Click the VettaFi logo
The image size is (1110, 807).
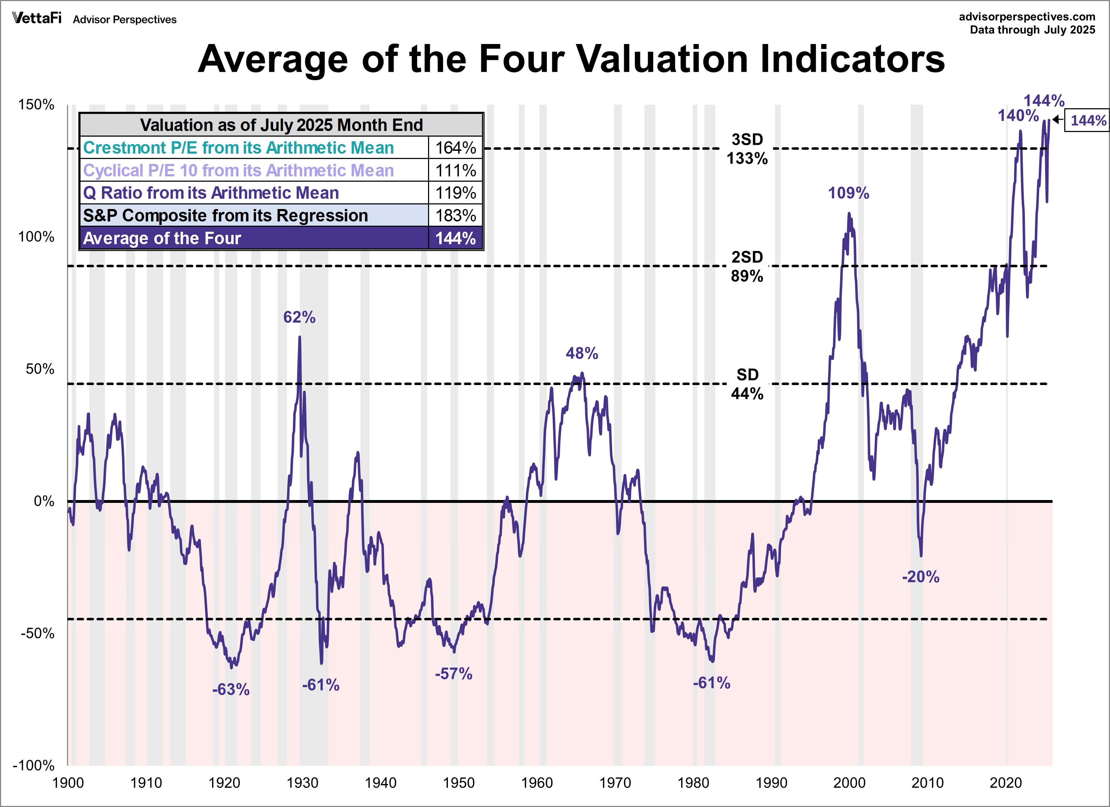pos(37,18)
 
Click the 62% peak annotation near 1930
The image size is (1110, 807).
pos(299,317)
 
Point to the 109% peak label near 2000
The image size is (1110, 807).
pos(848,193)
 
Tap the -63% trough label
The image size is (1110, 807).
pos(231,690)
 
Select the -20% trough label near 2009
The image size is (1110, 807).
pos(921,577)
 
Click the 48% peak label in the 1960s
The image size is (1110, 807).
pos(582,353)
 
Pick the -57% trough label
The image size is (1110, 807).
pos(454,674)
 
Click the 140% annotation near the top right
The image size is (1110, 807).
pos(1018,116)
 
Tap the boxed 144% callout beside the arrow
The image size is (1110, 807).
pos(1088,120)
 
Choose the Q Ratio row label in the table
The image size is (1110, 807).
pos(211,193)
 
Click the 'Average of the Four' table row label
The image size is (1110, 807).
pos(162,238)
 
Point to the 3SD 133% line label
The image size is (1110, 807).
pos(747,149)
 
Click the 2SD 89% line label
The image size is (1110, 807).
pos(747,267)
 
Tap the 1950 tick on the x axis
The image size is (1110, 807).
pos(459,783)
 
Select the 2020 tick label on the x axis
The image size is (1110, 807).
pos(1005,783)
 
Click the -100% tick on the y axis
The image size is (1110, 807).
pos(33,765)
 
